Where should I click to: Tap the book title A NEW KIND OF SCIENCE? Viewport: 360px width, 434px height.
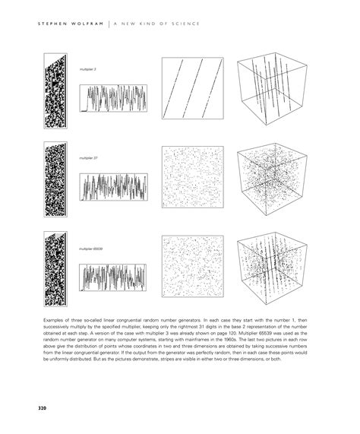[x=156, y=24]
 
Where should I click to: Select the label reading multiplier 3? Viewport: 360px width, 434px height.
[x=88, y=69]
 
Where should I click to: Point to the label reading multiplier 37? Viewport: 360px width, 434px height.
[x=89, y=158]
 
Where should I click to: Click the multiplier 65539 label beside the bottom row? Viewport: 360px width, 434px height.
[x=91, y=248]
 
